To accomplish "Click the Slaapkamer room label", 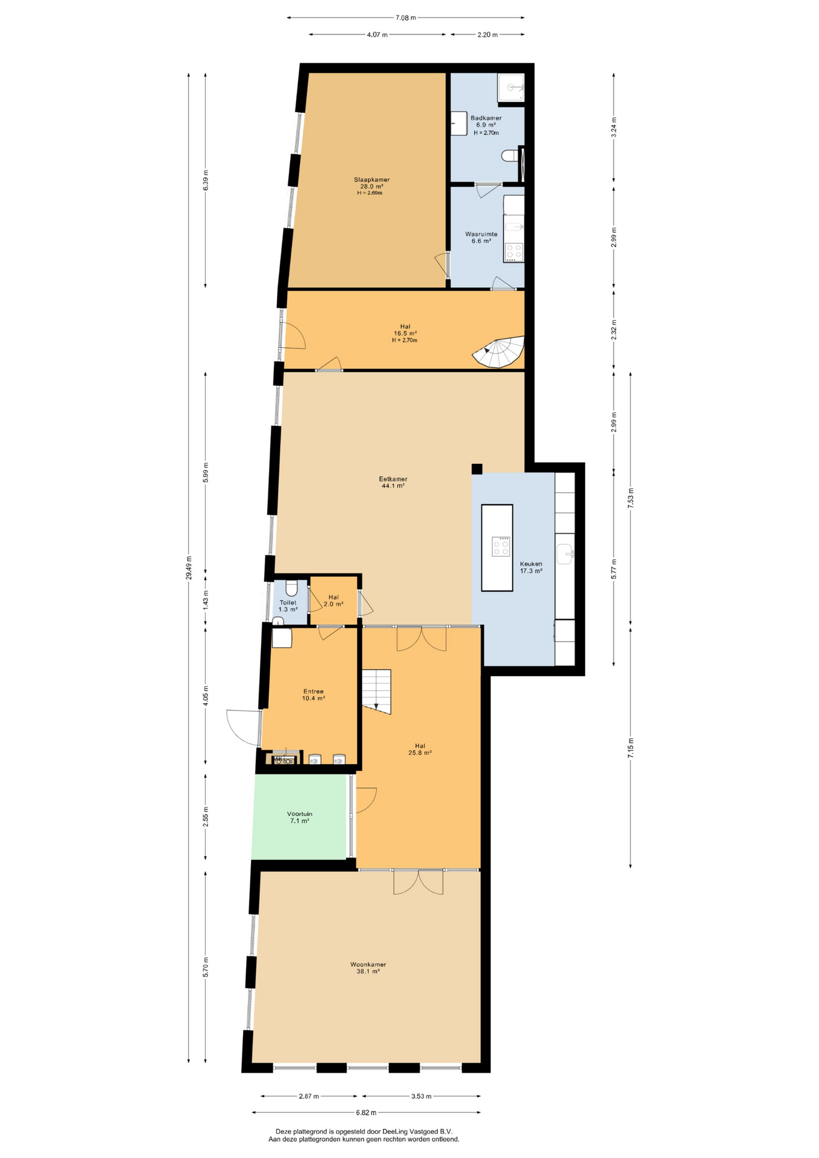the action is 372,180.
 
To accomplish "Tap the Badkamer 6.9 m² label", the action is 486,121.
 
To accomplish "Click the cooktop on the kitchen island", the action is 501,546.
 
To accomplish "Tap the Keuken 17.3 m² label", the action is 531,567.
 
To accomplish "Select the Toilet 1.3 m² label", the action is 288,606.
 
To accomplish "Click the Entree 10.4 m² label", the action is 314,695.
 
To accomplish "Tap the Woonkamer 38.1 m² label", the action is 368,968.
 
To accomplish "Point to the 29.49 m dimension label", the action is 189,568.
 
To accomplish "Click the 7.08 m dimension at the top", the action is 406,17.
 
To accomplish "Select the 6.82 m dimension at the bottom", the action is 366,1113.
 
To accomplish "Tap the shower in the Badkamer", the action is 511,88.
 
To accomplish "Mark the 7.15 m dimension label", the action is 631,748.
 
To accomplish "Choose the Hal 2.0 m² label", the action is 334,600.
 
